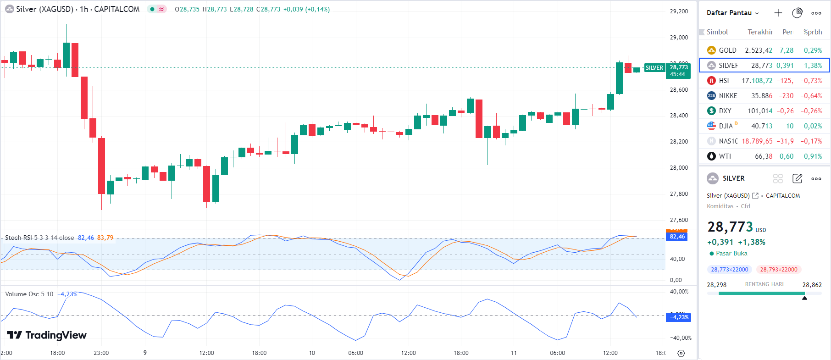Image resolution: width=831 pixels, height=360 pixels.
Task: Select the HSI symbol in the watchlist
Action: [724, 81]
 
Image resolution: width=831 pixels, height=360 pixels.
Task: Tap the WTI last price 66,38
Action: [763, 156]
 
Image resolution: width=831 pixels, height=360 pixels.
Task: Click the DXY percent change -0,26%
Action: [811, 111]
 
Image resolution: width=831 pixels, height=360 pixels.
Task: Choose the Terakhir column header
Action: [759, 32]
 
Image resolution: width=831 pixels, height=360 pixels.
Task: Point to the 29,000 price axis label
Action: [679, 38]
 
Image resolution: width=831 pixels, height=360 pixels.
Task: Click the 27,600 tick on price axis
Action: [679, 220]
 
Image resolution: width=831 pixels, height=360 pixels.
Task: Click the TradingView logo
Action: [47, 335]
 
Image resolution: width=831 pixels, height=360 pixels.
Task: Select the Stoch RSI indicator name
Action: [18, 238]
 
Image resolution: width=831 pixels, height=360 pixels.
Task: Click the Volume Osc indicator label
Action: [22, 294]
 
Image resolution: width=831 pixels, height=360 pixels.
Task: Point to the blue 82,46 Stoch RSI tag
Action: [676, 237]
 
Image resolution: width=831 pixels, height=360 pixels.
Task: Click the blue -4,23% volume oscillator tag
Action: [678, 317]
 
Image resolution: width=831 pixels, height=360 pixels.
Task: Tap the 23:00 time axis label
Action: [101, 353]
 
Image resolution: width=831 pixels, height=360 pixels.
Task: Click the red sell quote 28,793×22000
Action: [778, 270]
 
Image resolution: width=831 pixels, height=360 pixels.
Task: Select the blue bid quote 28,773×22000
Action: [729, 270]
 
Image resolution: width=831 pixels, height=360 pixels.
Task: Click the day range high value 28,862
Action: [812, 285]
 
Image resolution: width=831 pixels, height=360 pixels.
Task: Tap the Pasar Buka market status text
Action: [731, 254]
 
